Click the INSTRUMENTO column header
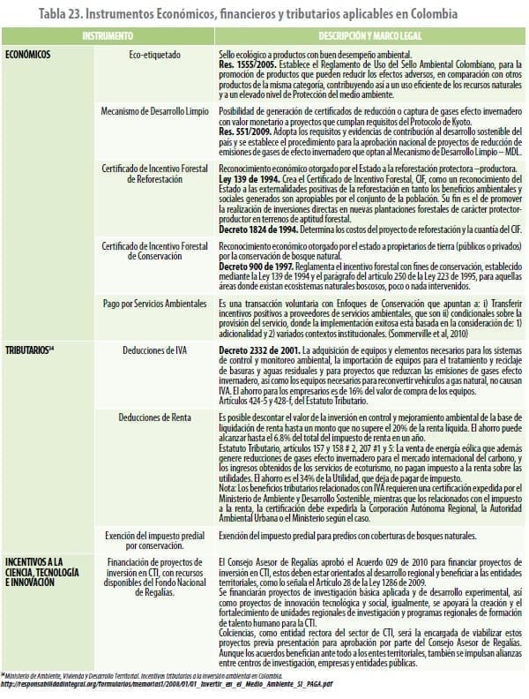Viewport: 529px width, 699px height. (x=108, y=37)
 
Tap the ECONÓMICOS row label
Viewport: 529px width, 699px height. (x=27, y=55)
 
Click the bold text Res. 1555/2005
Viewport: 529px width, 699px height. (x=243, y=64)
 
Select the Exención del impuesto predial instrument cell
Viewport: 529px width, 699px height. (x=155, y=540)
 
